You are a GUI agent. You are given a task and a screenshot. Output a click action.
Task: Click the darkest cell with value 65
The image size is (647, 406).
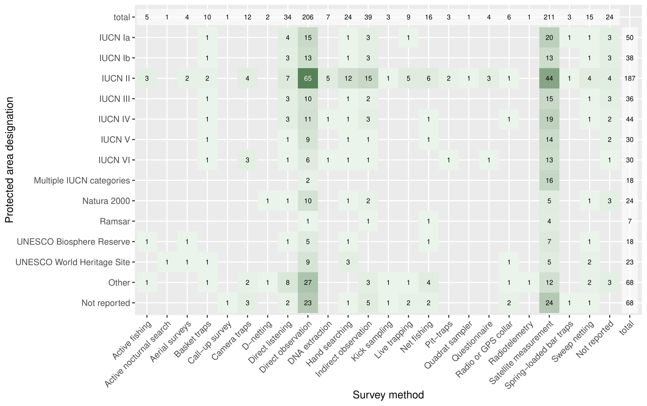pyautogui.click(x=308, y=78)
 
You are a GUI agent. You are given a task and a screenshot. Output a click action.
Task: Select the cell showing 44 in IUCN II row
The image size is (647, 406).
pyautogui.click(x=549, y=78)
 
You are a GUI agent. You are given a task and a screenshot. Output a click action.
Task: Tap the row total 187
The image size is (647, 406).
pyautogui.click(x=630, y=78)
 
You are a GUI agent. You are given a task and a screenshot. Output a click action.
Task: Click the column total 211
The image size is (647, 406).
pyautogui.click(x=549, y=17)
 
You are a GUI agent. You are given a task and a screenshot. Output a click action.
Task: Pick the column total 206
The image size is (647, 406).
pyautogui.click(x=308, y=17)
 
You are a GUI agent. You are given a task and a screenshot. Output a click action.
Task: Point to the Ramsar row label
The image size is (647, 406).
pyautogui.click(x=115, y=221)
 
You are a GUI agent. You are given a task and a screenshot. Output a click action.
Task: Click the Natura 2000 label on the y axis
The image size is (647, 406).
pyautogui.click(x=106, y=201)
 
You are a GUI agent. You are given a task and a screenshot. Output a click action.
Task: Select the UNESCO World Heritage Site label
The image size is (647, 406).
pyautogui.click(x=73, y=262)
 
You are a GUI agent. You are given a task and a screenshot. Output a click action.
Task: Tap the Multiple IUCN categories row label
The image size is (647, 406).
pyautogui.click(x=82, y=180)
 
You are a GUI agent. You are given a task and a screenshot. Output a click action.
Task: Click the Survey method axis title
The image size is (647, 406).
pyautogui.click(x=388, y=395)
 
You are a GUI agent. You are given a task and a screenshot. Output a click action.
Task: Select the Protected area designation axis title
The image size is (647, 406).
pyautogui.click(x=9, y=160)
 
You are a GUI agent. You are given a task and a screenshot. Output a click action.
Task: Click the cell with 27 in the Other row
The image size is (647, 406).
pyautogui.click(x=308, y=282)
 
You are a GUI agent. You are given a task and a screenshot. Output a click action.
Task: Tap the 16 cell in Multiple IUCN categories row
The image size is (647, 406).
pyautogui.click(x=549, y=180)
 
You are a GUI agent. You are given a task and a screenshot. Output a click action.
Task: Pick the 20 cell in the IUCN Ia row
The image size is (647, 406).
pyautogui.click(x=549, y=37)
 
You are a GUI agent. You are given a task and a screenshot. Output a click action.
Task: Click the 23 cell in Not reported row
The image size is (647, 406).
pyautogui.click(x=308, y=303)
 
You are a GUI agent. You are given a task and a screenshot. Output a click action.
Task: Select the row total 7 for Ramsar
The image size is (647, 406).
pyautogui.click(x=630, y=221)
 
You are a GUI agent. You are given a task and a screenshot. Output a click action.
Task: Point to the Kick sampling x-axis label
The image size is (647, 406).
pyautogui.click(x=372, y=340)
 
